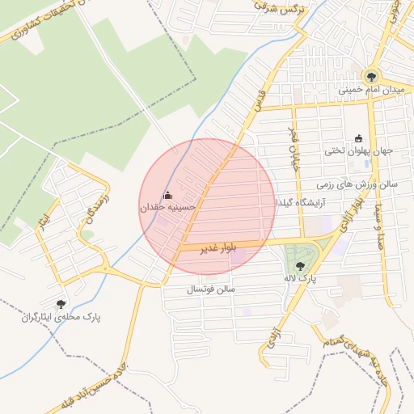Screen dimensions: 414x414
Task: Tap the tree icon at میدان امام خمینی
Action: tap(371, 76)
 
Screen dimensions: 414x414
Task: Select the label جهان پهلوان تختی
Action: tap(357, 150)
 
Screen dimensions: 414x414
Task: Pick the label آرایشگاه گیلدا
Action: tap(301, 201)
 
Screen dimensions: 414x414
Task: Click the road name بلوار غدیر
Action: tap(220, 249)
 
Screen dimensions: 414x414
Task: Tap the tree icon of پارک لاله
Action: tap(300, 265)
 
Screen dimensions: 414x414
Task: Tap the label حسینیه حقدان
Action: tap(169, 208)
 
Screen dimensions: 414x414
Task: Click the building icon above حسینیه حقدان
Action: tap(168, 194)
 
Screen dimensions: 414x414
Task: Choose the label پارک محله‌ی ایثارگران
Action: tap(61, 317)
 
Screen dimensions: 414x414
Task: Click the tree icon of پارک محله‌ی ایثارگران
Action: tap(61, 304)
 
